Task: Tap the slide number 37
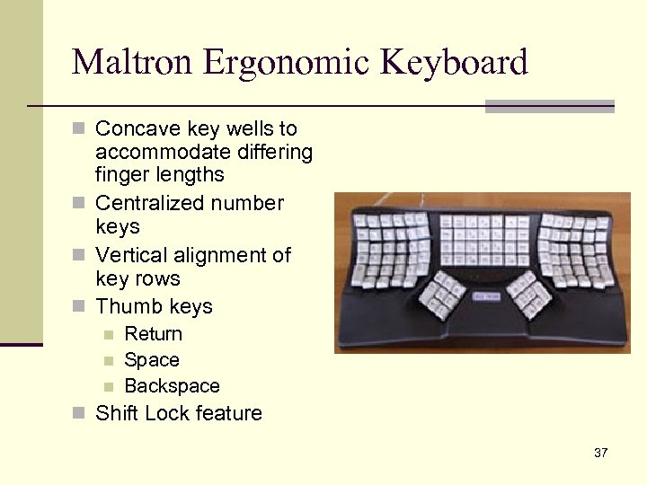pyautogui.click(x=600, y=453)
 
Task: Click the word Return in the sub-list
pyautogui.click(x=153, y=334)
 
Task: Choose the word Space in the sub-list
pyautogui.click(x=152, y=360)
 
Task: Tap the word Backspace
pyautogui.click(x=172, y=386)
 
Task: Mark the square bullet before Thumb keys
pyautogui.click(x=78, y=307)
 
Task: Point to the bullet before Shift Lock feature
pyautogui.click(x=78, y=414)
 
